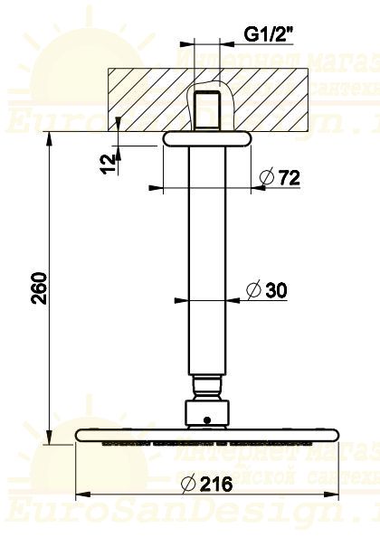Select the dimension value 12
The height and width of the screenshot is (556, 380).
(x=109, y=163)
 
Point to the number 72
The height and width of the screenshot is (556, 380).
(x=288, y=178)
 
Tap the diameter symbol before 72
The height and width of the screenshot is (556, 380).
(x=266, y=178)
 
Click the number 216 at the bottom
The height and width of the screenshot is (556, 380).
(x=217, y=484)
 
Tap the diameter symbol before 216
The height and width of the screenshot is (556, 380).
(x=191, y=484)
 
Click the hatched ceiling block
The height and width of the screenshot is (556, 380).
(x=145, y=99)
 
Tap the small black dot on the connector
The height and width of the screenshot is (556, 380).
(x=207, y=419)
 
